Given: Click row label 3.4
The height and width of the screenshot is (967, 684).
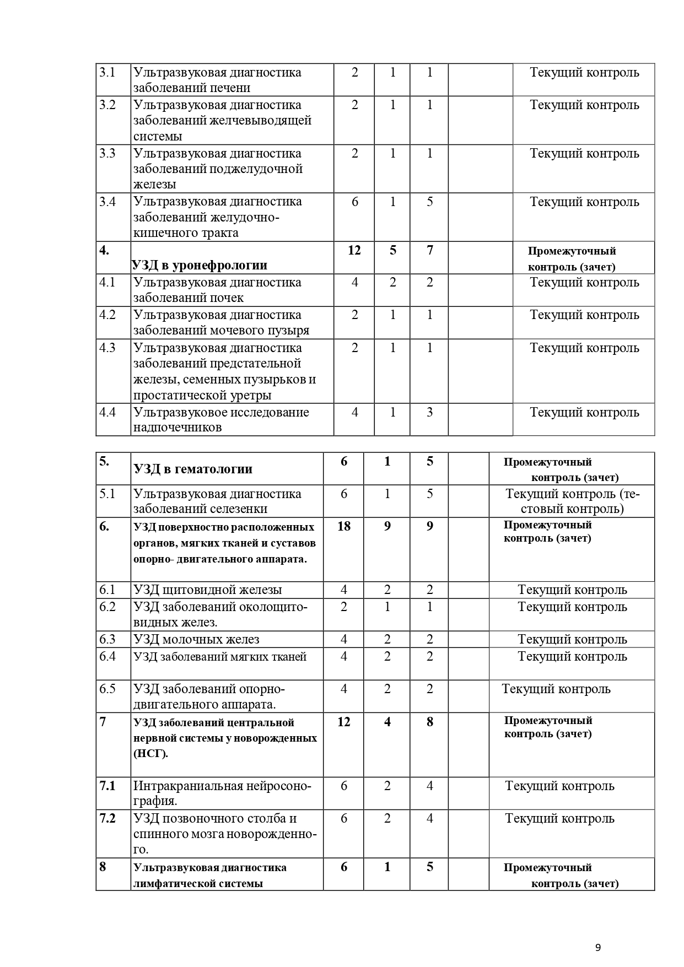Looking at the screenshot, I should point(107,202).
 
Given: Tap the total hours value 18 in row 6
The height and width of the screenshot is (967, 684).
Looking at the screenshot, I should point(343,526).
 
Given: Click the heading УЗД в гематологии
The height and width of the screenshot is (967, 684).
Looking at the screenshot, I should point(193,469).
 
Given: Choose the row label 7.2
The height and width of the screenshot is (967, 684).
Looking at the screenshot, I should point(107,818).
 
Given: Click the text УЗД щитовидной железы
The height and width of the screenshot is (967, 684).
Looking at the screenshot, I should point(208,590).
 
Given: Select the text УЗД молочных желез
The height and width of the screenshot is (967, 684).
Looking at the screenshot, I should point(196,639).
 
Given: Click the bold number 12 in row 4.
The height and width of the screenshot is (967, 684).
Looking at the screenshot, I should point(354,251).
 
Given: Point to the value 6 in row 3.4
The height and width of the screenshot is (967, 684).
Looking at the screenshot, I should point(355,202).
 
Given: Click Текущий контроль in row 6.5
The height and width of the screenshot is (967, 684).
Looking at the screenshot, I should point(556,689).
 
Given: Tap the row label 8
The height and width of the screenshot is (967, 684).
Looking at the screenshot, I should point(103,867).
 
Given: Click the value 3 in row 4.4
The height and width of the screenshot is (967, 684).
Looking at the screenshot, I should point(430,412).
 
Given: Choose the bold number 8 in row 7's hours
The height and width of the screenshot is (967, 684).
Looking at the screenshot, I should point(430,722).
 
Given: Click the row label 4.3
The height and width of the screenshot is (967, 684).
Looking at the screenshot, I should point(107,348).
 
